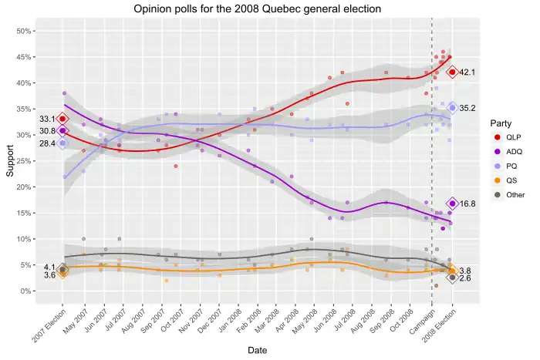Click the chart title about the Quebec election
pyautogui.click(x=257, y=9)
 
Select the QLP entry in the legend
pyautogui.click(x=508, y=136)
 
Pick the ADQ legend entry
pyautogui.click(x=508, y=151)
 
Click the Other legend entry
pyautogui.click(x=511, y=195)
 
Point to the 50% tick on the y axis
pyautogui.click(x=23, y=31)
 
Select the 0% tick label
pyautogui.click(x=25, y=291)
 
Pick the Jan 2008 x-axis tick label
pyautogui.click(x=237, y=317)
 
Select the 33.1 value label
pyautogui.click(x=48, y=119)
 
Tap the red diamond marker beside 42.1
pyautogui.click(x=452, y=72)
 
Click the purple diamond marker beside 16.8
pyautogui.click(x=452, y=204)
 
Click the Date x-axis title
pyautogui.click(x=258, y=350)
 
